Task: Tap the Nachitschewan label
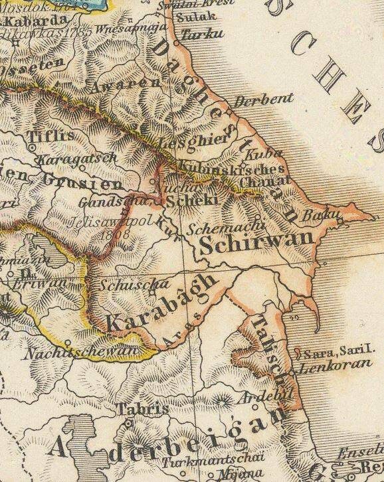coord(73,353)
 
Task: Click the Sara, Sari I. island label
coord(339,352)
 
